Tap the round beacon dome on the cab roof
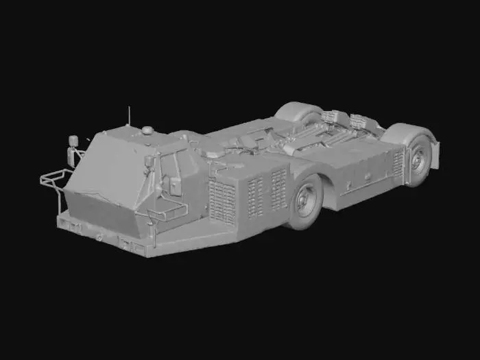[147, 130]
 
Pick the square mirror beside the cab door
[149, 162]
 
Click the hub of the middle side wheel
[307, 201]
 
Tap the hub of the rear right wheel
[418, 160]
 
